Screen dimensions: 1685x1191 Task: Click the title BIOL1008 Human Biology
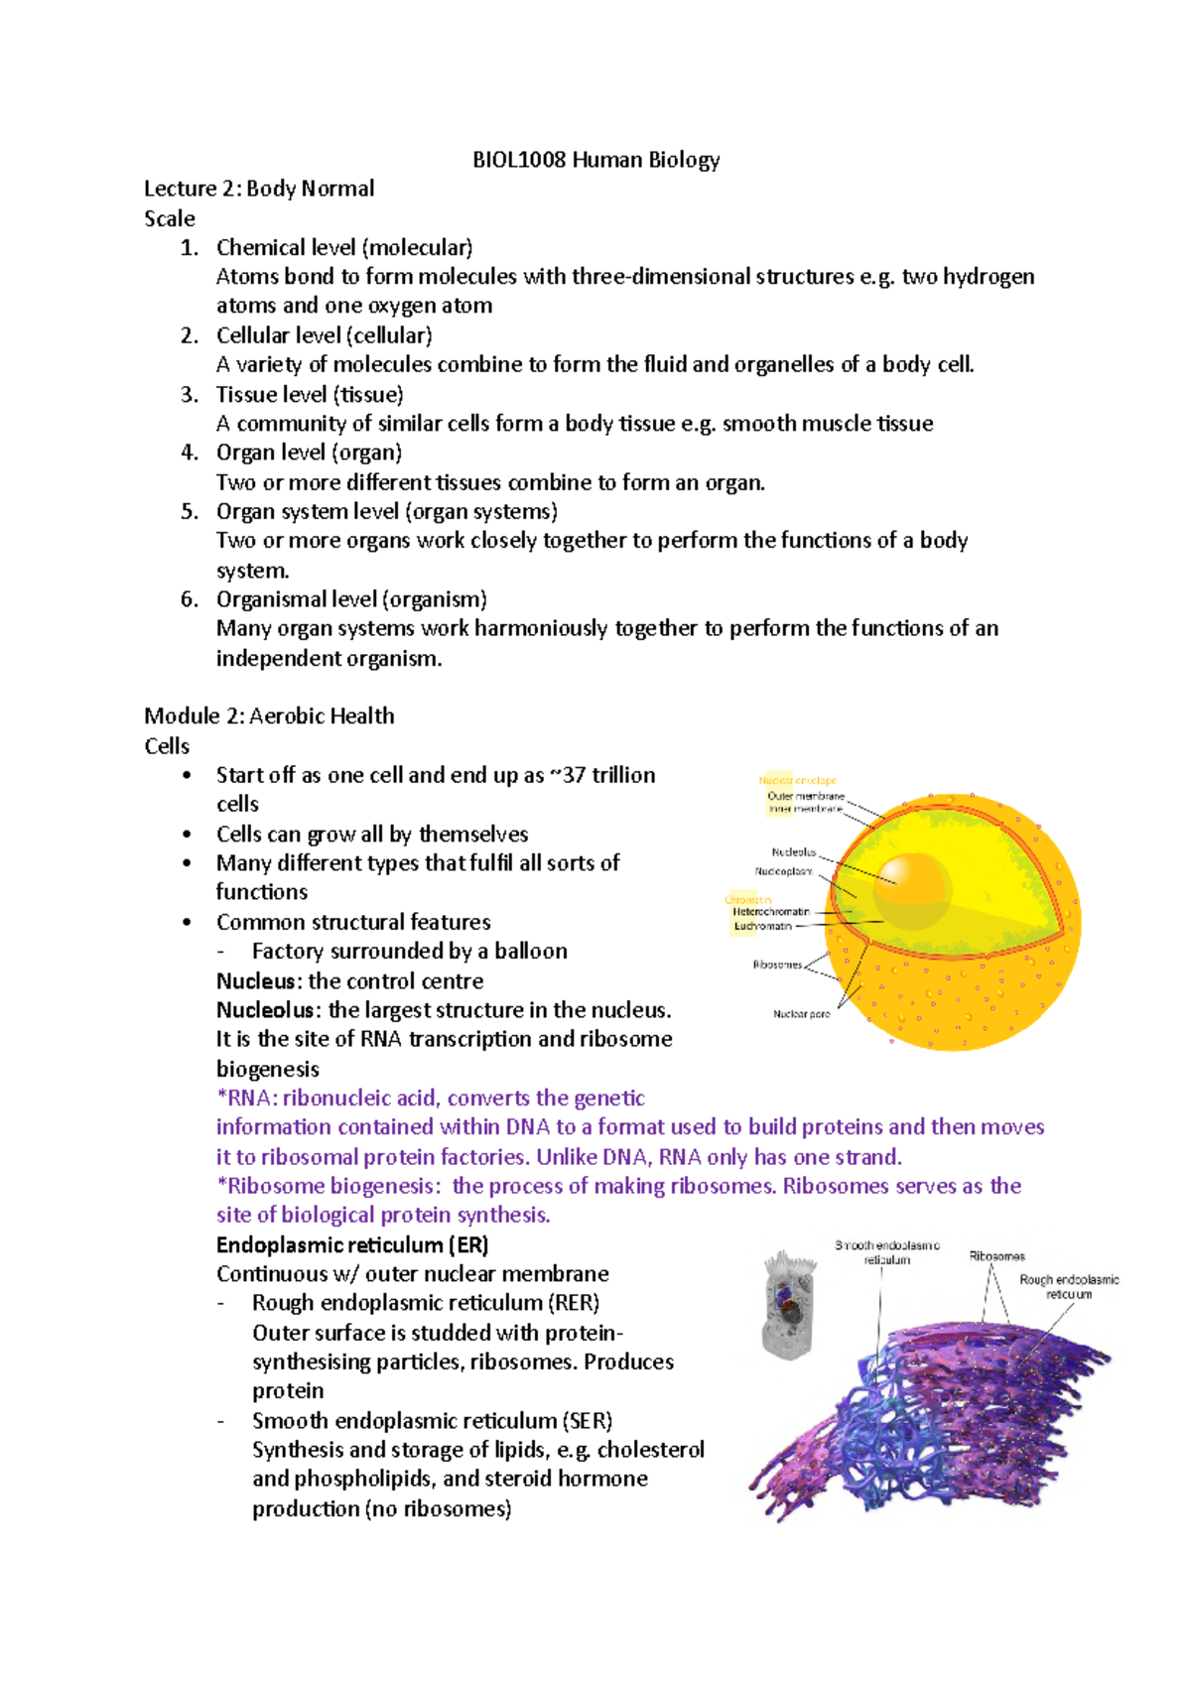(x=595, y=160)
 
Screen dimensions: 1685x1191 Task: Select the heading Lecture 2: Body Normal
(x=259, y=189)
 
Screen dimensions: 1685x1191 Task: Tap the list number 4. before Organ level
(x=190, y=453)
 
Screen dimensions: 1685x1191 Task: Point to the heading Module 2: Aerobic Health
(x=269, y=715)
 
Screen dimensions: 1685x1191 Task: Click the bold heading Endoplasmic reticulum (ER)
(x=352, y=1244)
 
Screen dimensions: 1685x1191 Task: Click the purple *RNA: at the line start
(x=246, y=1098)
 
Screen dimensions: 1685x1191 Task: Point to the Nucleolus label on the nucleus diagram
(x=793, y=851)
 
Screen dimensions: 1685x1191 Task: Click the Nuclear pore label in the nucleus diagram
(x=801, y=1014)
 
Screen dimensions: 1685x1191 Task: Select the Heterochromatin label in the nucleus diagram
(x=771, y=911)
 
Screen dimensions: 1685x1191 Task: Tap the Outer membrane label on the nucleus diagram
(x=805, y=796)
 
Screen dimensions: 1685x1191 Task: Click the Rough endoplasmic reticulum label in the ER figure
(x=1069, y=1286)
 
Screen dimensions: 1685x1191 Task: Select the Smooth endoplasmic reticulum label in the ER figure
(x=886, y=1251)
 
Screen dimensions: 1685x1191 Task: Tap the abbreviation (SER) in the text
(x=588, y=1420)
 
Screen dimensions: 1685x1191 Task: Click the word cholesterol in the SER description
(x=650, y=1450)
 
